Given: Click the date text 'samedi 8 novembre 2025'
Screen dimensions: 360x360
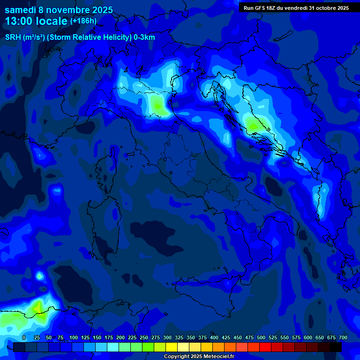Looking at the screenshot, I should click(59, 10).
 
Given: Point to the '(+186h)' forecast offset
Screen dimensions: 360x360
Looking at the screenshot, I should click(83, 21).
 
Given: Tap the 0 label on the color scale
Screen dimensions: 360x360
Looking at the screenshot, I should click(24, 337).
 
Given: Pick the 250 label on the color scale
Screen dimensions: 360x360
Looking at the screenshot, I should click(144, 337).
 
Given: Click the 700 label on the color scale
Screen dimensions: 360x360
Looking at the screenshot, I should click(343, 337).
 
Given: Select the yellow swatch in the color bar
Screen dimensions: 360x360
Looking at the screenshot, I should click(172, 347).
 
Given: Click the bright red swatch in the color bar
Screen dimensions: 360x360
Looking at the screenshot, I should click(265, 347).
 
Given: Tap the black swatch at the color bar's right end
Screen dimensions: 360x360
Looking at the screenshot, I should click(336, 347).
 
